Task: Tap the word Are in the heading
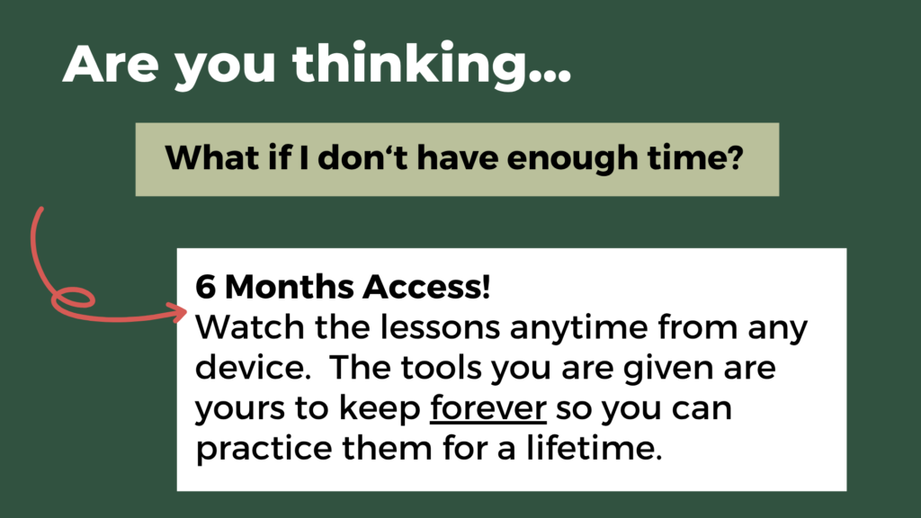point(111,65)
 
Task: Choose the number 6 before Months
point(205,287)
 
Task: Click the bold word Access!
point(426,287)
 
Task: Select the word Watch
point(250,327)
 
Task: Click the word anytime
point(578,330)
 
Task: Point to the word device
point(253,367)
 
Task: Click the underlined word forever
point(488,408)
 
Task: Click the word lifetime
point(594,448)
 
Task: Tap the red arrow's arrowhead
point(178,312)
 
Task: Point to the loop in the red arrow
point(73,299)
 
